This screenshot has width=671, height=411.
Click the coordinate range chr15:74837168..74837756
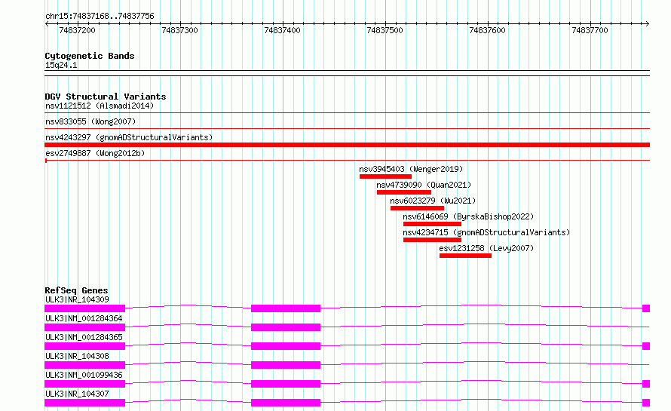(100, 17)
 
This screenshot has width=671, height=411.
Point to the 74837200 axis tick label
(77, 30)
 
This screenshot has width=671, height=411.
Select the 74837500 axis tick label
(385, 30)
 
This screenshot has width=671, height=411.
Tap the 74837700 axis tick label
(590, 30)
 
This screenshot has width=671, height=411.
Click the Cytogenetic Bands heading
(90, 56)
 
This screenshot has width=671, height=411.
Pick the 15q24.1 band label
(61, 65)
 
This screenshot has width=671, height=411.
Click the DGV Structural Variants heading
(106, 97)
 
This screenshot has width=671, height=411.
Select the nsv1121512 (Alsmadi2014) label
(100, 106)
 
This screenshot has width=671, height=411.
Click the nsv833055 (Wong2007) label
(90, 121)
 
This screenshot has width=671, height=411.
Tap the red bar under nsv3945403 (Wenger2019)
(385, 176)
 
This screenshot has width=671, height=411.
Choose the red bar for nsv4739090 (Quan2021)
(404, 192)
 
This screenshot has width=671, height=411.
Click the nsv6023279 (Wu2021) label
(433, 201)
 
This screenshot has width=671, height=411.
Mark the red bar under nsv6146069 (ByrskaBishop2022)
(432, 224)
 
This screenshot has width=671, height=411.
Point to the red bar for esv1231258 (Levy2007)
(465, 256)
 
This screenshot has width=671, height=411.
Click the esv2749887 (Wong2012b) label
(95, 153)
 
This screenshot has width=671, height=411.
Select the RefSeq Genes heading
(76, 290)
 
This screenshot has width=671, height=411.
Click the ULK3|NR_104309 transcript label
(77, 299)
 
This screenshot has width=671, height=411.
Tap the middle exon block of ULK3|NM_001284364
(286, 327)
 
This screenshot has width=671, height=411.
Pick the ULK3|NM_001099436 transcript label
(84, 375)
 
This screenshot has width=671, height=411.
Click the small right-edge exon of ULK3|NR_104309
(646, 308)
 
